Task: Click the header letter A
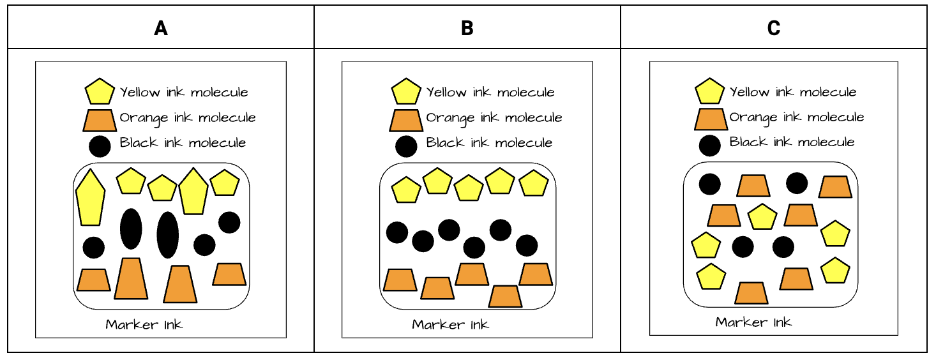(x=161, y=29)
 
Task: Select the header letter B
(x=467, y=29)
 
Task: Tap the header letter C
(x=774, y=29)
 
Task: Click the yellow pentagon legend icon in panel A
(x=100, y=92)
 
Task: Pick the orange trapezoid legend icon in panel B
(x=406, y=119)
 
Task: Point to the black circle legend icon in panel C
(x=710, y=146)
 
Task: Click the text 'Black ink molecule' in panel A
(x=183, y=142)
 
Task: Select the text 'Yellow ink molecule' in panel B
(x=490, y=93)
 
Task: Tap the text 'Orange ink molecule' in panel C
(x=796, y=117)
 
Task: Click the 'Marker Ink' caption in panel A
(x=144, y=324)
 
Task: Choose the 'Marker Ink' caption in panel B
(x=451, y=324)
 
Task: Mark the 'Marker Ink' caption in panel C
(x=753, y=322)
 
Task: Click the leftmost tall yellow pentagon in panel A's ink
(x=90, y=197)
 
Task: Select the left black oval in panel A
(x=131, y=229)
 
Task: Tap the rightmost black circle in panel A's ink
(x=229, y=222)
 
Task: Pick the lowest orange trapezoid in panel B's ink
(x=505, y=296)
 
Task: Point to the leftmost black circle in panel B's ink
(x=397, y=232)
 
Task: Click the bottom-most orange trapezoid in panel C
(x=751, y=293)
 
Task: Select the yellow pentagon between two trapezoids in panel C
(x=762, y=216)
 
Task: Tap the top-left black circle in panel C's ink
(x=710, y=184)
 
